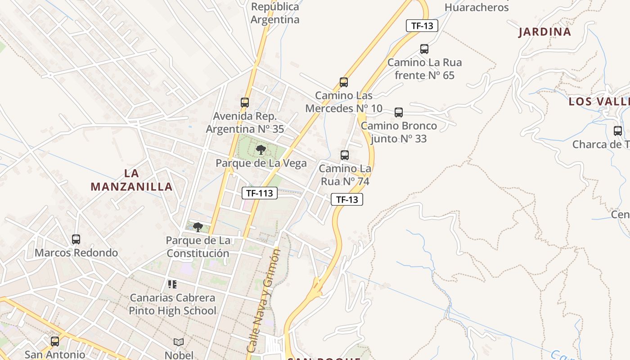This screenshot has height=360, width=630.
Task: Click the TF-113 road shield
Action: click(259, 193)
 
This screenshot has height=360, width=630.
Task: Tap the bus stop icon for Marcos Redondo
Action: click(76, 239)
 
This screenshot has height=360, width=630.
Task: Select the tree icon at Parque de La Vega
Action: click(261, 150)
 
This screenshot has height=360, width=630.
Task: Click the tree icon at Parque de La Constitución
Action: click(198, 227)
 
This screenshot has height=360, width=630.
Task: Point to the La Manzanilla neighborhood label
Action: click(131, 180)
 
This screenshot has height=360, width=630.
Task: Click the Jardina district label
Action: click(544, 32)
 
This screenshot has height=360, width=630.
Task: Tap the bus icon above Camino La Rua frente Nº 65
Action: click(424, 49)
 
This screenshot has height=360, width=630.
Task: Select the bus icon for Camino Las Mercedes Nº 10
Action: click(344, 82)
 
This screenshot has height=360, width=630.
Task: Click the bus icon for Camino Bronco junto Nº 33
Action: click(398, 112)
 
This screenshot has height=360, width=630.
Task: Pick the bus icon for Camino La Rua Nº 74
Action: click(345, 155)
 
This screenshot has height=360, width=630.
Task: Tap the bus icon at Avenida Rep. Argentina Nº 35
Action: click(245, 103)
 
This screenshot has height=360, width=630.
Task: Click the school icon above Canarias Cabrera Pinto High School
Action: click(172, 284)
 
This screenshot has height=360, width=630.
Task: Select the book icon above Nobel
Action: click(179, 342)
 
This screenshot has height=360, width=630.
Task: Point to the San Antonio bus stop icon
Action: click(55, 341)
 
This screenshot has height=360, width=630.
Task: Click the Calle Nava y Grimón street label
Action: click(264, 301)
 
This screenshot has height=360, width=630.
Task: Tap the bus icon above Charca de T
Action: click(618, 131)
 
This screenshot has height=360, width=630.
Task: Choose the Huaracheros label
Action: click(477, 8)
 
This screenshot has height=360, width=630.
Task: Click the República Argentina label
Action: click(275, 13)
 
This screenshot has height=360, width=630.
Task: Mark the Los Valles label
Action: click(598, 101)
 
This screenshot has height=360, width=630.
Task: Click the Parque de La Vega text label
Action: click(261, 163)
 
